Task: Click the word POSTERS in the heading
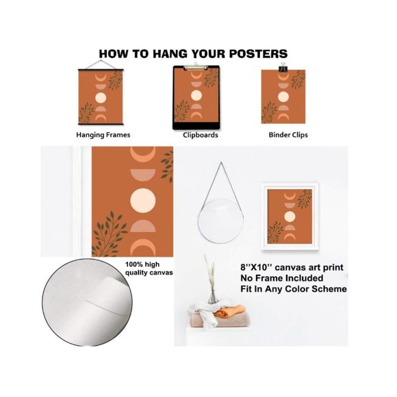pos(258,53)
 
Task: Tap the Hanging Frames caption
pos(103,135)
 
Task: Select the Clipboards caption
pos(201,135)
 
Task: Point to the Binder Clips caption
pos(288,135)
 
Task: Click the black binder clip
pos(282,67)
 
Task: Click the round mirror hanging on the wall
pos(221,221)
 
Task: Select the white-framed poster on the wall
pos(290,216)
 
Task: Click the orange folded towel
pos(230,311)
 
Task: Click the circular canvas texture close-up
pos(87,302)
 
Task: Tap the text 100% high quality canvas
pos(149,268)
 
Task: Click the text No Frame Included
pos(282,278)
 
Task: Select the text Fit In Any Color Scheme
pos(294,289)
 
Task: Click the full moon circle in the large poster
pos(143,201)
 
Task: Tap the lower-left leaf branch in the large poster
pos(110,234)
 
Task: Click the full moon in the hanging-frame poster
pos(100,98)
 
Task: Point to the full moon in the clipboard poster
pos(196,95)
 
